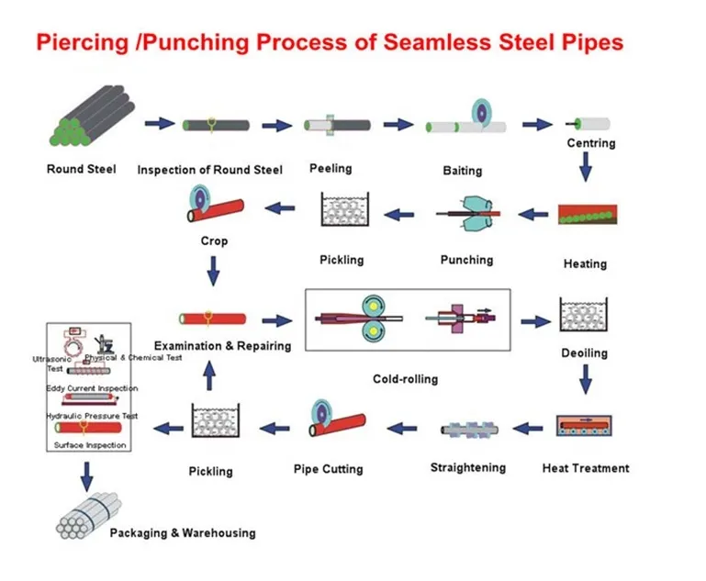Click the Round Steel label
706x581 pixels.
(82, 169)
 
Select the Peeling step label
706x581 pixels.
(330, 168)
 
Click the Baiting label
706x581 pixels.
(462, 171)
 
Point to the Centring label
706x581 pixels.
(590, 143)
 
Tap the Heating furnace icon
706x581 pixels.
(588, 216)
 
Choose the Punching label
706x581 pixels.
(466, 260)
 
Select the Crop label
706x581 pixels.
(213, 240)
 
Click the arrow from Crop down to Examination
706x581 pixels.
(214, 270)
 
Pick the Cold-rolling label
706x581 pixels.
(405, 378)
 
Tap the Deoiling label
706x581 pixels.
(584, 352)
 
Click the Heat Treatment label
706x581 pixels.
(586, 468)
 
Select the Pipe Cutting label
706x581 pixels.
(328, 469)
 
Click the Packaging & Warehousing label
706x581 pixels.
(183, 532)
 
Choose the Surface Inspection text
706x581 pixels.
(90, 445)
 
